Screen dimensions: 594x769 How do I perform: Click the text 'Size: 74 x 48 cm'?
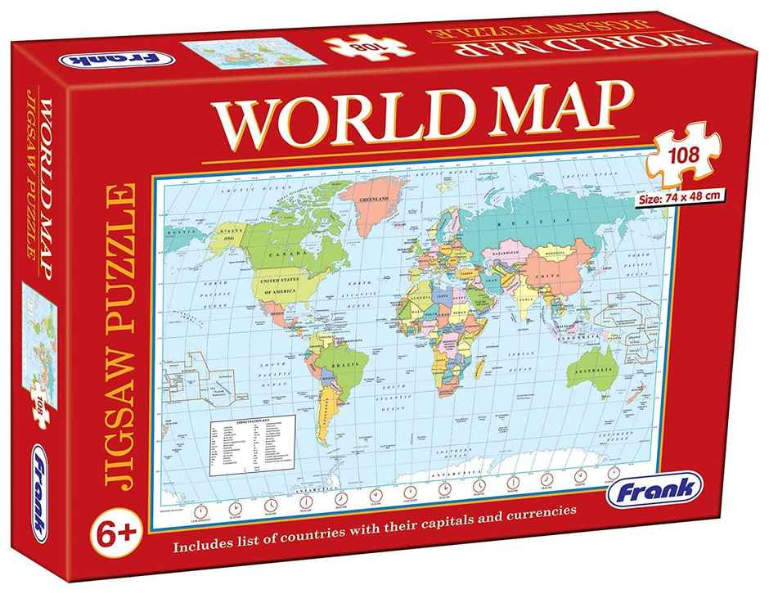680,197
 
